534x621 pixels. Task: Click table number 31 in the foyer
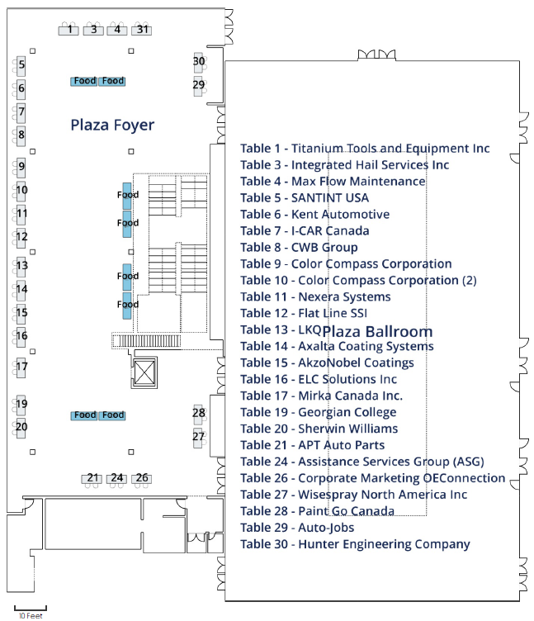(144, 30)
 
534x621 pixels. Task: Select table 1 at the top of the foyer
(71, 30)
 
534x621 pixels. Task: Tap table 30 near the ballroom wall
(199, 61)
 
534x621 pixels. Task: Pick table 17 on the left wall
(21, 366)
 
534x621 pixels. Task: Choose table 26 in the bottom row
(142, 478)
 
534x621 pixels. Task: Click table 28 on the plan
(199, 413)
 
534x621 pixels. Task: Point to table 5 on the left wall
(21, 64)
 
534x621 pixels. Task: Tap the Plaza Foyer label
(112, 126)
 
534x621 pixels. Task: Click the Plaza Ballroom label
(377, 331)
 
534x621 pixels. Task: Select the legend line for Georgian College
(318, 412)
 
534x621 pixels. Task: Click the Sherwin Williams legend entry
(319, 429)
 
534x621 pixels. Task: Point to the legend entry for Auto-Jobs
(297, 528)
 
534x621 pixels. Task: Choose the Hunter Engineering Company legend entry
(355, 544)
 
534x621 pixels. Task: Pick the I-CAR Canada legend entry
(305, 231)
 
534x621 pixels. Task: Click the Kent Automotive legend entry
(314, 215)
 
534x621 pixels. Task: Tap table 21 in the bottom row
(93, 478)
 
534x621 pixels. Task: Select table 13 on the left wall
(21, 266)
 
